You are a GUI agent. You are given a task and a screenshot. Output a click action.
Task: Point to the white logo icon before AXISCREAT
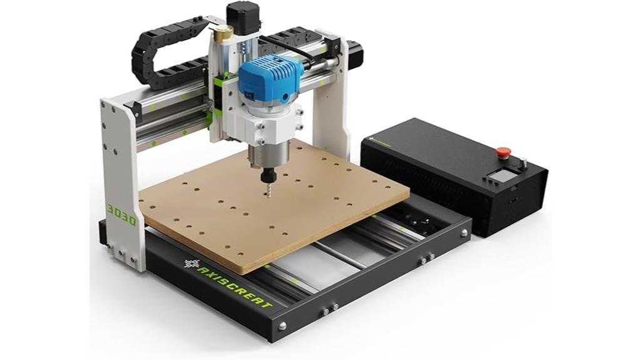pyautogui.click(x=192, y=263)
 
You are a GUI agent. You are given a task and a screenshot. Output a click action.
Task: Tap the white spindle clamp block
pyautogui.click(x=271, y=125)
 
